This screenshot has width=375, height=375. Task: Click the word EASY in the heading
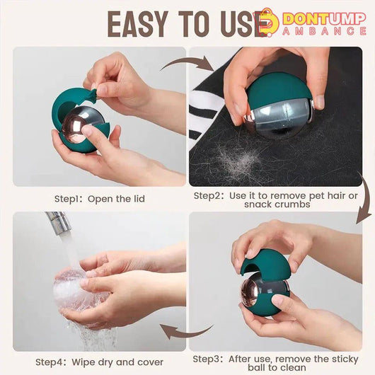point(138,24)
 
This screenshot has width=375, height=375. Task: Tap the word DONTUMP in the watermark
point(324,18)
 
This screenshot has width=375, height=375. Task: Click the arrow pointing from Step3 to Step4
point(187,331)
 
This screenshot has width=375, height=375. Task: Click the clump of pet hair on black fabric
point(237,160)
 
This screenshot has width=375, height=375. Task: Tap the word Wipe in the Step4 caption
point(82,362)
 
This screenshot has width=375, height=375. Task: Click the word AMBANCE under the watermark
point(324,31)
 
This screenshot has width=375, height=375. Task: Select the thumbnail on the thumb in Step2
point(320,103)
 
